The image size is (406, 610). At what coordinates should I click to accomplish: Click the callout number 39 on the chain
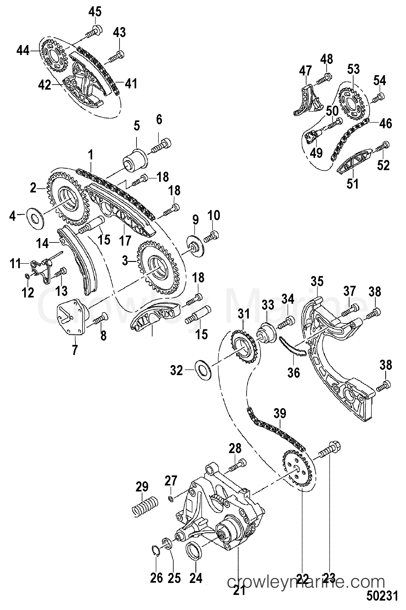coord(280,414)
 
